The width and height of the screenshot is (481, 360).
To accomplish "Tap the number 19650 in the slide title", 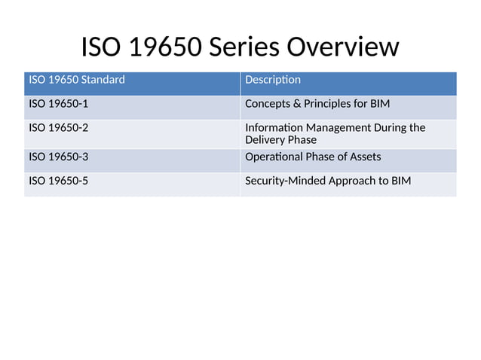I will click(x=161, y=47).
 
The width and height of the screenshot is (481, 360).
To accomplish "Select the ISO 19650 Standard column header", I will click(x=77, y=80).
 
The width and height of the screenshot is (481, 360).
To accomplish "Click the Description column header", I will click(x=273, y=80).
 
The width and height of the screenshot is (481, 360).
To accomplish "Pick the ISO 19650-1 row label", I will click(x=58, y=104).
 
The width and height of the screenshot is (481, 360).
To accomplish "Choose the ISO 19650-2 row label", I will click(x=58, y=127).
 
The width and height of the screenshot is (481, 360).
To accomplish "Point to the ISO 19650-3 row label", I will click(x=58, y=157).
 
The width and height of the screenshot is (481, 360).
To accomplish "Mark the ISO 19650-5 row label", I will click(x=58, y=181).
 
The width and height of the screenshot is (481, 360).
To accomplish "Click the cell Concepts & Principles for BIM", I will click(x=317, y=104).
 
